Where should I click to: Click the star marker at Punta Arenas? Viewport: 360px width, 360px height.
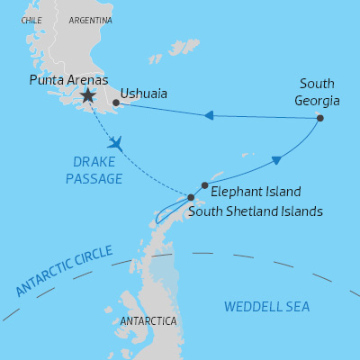(x=87, y=95)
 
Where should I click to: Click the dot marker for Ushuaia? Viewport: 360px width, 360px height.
(x=116, y=103)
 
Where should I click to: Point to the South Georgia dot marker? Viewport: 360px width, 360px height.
(x=320, y=118)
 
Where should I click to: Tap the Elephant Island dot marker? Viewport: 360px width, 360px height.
(x=205, y=185)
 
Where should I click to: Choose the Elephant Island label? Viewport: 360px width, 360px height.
(x=256, y=192)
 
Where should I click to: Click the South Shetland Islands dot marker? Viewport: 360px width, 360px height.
(x=190, y=197)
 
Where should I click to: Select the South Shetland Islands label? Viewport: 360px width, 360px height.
(x=255, y=211)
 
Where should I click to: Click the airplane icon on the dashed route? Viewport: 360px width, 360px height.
(x=114, y=143)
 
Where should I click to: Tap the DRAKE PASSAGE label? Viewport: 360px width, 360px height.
(x=94, y=171)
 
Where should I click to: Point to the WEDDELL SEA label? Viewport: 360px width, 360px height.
(x=266, y=307)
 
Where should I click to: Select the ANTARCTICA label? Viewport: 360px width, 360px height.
(x=148, y=321)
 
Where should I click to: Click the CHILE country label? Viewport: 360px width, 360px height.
(x=31, y=20)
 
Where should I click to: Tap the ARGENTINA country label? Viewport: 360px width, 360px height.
(x=91, y=20)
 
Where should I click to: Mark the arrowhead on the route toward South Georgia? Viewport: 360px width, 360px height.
(x=276, y=160)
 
